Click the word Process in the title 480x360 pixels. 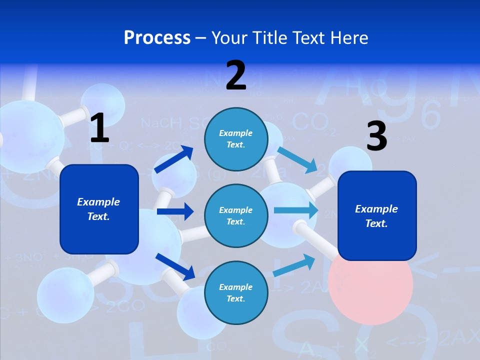(157, 37)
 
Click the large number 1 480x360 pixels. (99, 128)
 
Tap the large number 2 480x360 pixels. (236, 75)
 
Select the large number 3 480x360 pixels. (376, 137)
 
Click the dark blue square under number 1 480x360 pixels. (99, 209)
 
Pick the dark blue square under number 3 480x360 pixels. (377, 216)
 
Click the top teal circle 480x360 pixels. (236, 139)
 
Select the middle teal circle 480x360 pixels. (236, 215)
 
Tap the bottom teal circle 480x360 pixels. (236, 292)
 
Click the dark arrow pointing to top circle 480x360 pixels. (174, 159)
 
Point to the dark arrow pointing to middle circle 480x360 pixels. (175, 211)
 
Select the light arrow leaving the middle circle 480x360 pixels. (295, 210)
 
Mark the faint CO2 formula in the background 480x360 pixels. (310, 122)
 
